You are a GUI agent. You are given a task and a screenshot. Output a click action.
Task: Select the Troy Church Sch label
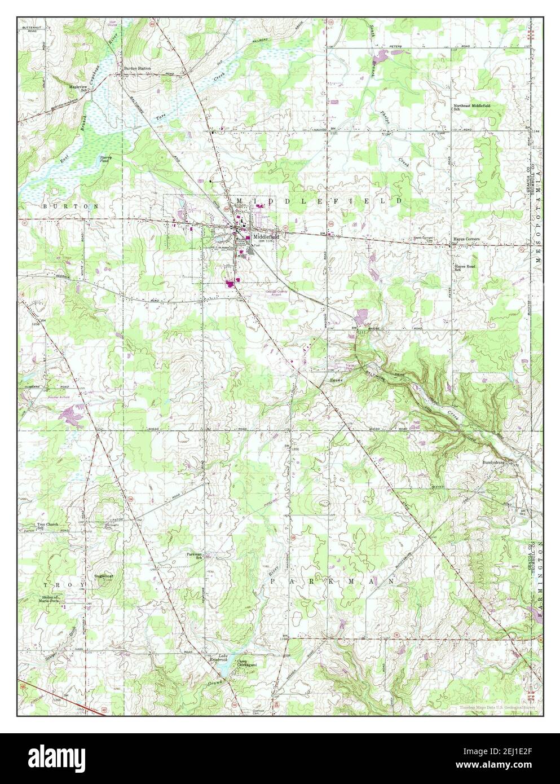coord(48,526)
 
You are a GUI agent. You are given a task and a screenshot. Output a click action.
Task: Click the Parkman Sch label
coord(195,555)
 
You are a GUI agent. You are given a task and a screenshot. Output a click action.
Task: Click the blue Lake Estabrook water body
coord(222,670)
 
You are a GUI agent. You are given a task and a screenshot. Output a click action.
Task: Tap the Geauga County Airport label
coord(276,293)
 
